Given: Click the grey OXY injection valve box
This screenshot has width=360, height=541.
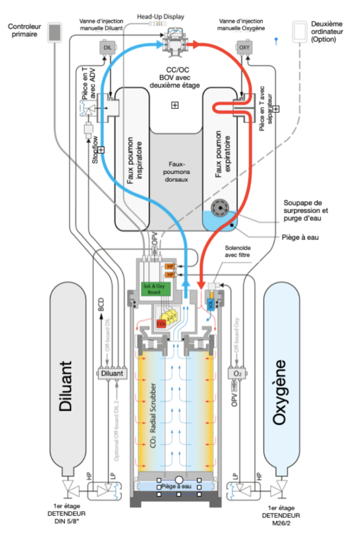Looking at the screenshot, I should tap(244, 48).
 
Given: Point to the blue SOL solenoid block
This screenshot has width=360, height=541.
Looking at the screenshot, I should tap(210, 305).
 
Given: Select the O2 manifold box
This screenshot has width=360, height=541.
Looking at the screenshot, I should tap(237, 373).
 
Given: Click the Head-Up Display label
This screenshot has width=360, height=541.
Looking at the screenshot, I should tap(160, 16).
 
